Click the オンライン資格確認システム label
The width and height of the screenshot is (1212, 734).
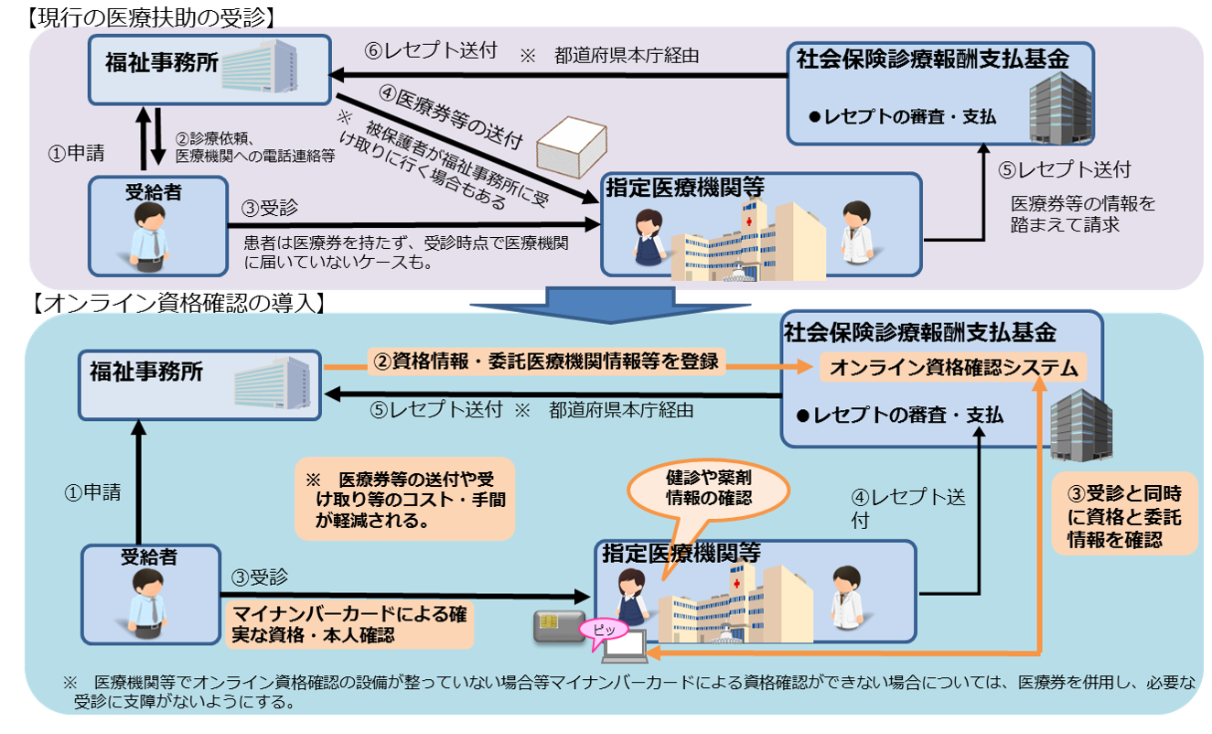click(x=951, y=368)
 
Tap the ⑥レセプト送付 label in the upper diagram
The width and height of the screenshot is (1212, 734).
click(x=430, y=51)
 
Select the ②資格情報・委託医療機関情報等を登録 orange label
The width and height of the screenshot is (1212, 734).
click(x=546, y=362)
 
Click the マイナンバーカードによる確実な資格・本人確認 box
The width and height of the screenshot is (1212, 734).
click(x=349, y=625)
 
